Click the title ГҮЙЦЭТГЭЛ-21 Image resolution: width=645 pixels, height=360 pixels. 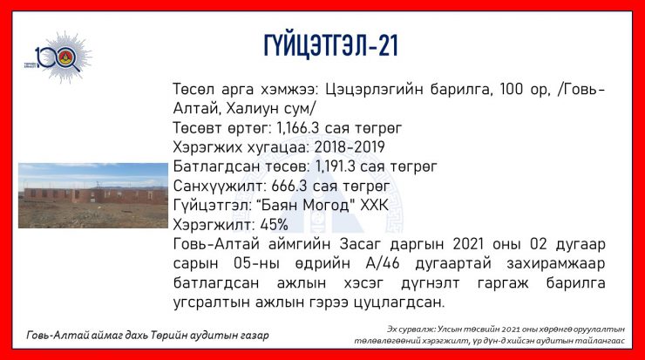331,45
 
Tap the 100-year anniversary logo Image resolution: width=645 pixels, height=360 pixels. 58,58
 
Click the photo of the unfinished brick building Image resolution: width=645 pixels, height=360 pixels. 93,195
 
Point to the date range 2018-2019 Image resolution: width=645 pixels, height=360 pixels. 350,147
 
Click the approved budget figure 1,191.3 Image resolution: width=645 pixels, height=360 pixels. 336,166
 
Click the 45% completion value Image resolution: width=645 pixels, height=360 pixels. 275,225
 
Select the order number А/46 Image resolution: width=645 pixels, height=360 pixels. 383,263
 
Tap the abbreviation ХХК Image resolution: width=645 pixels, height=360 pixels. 374,205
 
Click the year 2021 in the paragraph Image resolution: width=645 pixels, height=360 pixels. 468,244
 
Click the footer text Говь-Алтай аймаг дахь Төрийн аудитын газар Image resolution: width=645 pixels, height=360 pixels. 147,336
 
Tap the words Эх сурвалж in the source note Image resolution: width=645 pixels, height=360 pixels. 411,329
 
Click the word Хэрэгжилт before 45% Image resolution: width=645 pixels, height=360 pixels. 214,225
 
